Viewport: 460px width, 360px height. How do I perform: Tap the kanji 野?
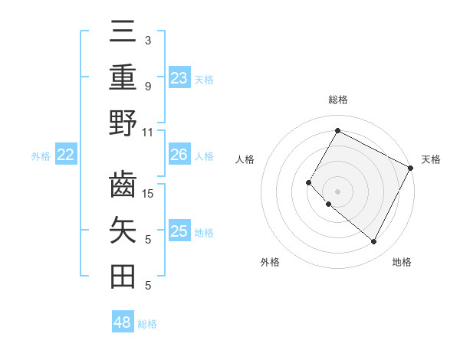(123, 123)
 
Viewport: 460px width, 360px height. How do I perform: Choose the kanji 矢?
(123, 231)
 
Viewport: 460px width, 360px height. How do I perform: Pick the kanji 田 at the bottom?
(123, 277)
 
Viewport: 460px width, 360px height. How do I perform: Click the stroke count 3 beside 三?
(148, 40)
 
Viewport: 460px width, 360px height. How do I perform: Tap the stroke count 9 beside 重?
(148, 86)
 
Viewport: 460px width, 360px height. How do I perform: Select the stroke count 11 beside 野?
(148, 132)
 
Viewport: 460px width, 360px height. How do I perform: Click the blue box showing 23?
(179, 78)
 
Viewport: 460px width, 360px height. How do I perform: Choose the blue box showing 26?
(179, 155)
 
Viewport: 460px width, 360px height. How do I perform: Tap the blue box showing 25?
(179, 231)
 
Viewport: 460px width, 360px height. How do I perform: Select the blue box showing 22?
(66, 155)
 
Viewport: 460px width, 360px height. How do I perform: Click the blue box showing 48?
(123, 322)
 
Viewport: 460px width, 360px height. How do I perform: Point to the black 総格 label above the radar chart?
(337, 100)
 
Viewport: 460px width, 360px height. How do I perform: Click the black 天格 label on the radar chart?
(431, 159)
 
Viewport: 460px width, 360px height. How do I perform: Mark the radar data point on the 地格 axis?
(374, 242)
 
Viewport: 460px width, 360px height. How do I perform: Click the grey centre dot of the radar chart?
(337, 191)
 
